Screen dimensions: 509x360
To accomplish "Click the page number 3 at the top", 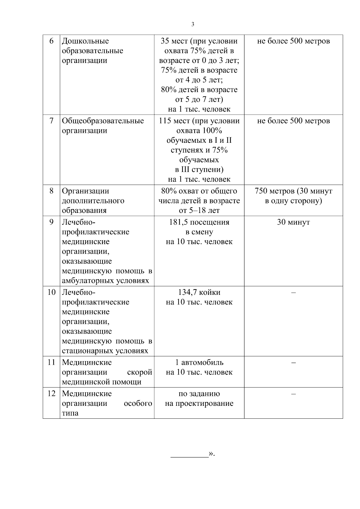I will [x=193, y=24].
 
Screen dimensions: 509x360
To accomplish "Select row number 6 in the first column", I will [x=51, y=41].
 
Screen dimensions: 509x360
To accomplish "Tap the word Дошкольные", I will [x=85, y=41].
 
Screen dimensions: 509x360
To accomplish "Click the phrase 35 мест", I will [x=175, y=41].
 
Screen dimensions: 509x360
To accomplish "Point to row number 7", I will [x=51, y=121].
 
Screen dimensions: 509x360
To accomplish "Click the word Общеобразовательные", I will [x=103, y=121].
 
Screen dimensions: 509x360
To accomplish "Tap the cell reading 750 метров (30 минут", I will [x=293, y=191].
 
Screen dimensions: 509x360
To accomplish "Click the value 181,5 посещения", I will [x=199, y=222].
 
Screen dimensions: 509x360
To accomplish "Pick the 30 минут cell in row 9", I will [x=293, y=222].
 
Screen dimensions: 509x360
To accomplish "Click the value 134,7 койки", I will [x=199, y=292].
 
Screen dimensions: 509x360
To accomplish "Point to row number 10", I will [x=51, y=292].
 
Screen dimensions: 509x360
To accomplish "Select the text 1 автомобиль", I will [x=199, y=362].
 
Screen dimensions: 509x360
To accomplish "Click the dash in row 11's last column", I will [x=293, y=363].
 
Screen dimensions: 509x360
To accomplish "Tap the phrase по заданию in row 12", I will [x=199, y=394].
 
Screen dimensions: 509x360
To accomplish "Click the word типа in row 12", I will [x=70, y=413].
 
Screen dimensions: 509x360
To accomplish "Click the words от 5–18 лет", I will [x=199, y=210].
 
